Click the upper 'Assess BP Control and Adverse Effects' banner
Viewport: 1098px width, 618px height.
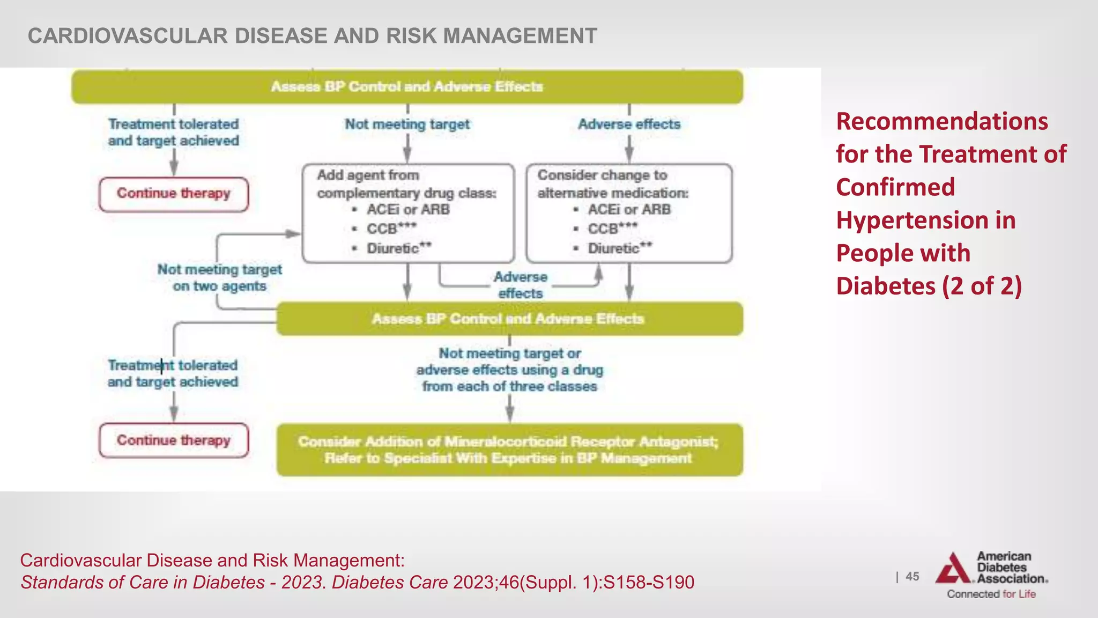pyautogui.click(x=407, y=86)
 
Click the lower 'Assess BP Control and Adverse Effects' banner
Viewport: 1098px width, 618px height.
pyautogui.click(x=508, y=319)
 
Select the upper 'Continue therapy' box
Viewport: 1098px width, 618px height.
pyautogui.click(x=174, y=194)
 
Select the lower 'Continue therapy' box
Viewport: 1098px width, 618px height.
pyautogui.click(x=174, y=440)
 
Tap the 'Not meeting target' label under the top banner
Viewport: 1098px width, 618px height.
pyautogui.click(x=407, y=124)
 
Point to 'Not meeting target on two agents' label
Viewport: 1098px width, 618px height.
pyautogui.click(x=219, y=277)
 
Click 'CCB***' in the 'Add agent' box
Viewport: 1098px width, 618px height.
pyautogui.click(x=391, y=229)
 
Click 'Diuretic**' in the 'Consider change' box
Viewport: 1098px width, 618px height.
pyautogui.click(x=620, y=248)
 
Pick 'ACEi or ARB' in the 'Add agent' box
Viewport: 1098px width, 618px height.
pyautogui.click(x=408, y=210)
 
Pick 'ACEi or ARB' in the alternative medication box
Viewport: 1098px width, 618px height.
pyautogui.click(x=629, y=210)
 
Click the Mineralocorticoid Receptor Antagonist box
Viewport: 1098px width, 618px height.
pyautogui.click(x=509, y=450)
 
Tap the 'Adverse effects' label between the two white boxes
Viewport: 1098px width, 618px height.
pyautogui.click(x=520, y=285)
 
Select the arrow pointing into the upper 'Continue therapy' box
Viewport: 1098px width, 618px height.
pyautogui.click(x=174, y=163)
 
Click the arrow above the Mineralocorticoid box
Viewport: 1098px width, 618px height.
pyautogui.click(x=509, y=410)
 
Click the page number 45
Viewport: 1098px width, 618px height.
pyautogui.click(x=912, y=577)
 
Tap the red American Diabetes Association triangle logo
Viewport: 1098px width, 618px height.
pyautogui.click(x=953, y=569)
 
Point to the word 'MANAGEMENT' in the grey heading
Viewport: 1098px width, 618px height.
pyautogui.click(x=520, y=36)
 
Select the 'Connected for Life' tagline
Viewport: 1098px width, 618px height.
pyautogui.click(x=991, y=594)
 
